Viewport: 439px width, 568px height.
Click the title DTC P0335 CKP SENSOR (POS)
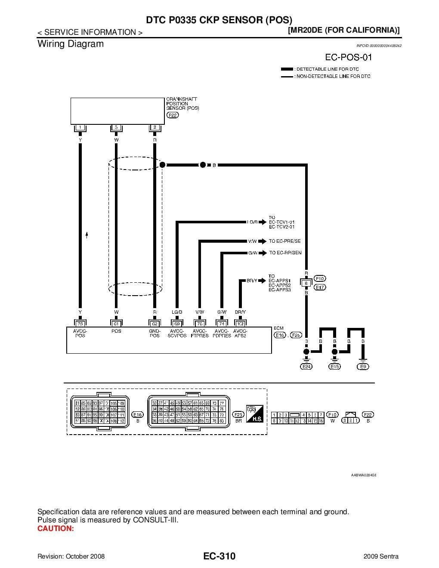tap(219, 20)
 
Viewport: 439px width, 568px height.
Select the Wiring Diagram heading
tap(71, 44)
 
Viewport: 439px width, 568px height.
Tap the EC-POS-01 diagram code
tap(348, 57)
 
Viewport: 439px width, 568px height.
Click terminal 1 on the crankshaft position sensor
tap(80, 128)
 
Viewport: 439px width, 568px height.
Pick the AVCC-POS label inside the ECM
tap(80, 333)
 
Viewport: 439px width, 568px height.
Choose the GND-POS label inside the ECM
tap(155, 333)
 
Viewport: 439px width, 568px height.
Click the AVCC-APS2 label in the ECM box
tap(240, 333)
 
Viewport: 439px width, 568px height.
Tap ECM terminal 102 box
tap(240, 323)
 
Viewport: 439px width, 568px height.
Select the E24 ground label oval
tap(306, 367)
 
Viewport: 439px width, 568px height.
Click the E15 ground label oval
tap(334, 367)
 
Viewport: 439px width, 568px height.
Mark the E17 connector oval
tap(320, 287)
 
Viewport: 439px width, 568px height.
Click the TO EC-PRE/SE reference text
tap(285, 241)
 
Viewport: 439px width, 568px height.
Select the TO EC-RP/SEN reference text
tap(285, 253)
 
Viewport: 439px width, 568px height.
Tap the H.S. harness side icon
tap(254, 414)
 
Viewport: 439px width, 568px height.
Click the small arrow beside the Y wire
tap(87, 235)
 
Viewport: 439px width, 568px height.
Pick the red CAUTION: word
tap(56, 528)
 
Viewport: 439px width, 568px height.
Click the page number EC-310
tap(219, 556)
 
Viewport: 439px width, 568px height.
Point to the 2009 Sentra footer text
tap(381, 556)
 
